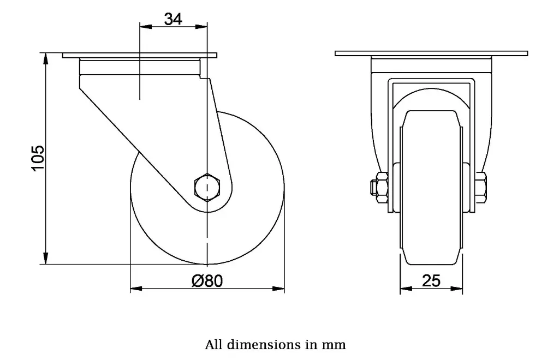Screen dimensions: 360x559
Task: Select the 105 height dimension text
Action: (37, 158)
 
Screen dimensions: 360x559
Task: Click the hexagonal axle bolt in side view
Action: (207, 187)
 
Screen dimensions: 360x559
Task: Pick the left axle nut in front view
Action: (380, 187)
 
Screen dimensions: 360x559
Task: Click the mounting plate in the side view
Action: (140, 55)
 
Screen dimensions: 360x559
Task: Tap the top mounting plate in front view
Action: (431, 53)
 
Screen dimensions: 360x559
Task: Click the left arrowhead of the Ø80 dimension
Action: (135, 288)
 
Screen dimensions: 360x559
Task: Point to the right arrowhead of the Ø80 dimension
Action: (280, 288)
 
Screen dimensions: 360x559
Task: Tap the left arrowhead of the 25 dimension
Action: (405, 288)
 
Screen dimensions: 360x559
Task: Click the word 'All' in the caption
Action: (213, 345)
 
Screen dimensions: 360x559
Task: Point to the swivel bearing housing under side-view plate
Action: (140, 67)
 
